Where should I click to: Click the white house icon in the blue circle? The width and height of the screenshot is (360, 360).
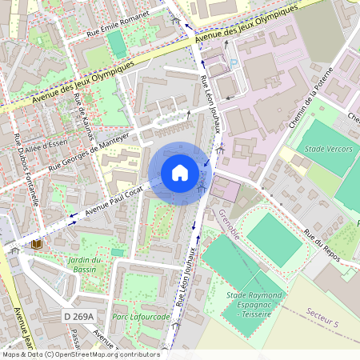click(x=180, y=173)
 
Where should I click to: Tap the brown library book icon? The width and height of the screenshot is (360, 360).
click(x=36, y=243)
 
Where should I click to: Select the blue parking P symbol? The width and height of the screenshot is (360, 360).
click(x=234, y=63)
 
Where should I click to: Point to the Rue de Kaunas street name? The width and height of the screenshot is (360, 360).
click(x=82, y=116)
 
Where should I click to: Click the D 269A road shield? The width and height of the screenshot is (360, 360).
click(x=79, y=317)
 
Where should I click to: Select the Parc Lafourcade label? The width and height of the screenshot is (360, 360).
click(x=142, y=317)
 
